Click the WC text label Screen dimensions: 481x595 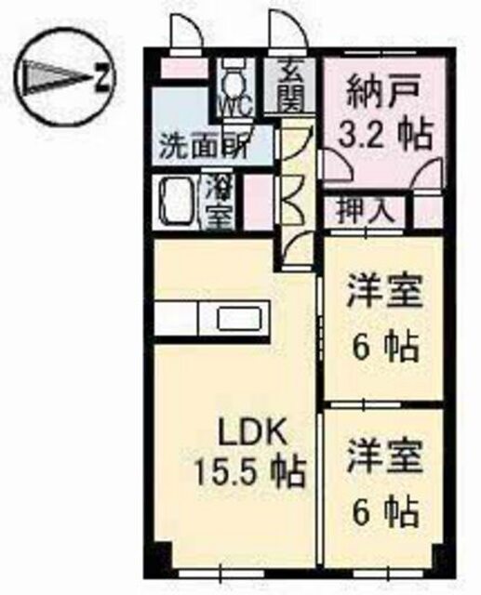point(235,107)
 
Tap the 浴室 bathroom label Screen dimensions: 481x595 point(219,202)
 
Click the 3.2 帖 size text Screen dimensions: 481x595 point(385,135)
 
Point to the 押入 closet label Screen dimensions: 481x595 point(365,211)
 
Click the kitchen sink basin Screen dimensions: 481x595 point(239,318)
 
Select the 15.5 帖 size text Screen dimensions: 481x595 point(249,473)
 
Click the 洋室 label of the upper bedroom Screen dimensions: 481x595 point(384,293)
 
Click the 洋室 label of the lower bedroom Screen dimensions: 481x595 point(384,456)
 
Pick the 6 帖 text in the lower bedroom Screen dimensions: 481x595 point(386,511)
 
